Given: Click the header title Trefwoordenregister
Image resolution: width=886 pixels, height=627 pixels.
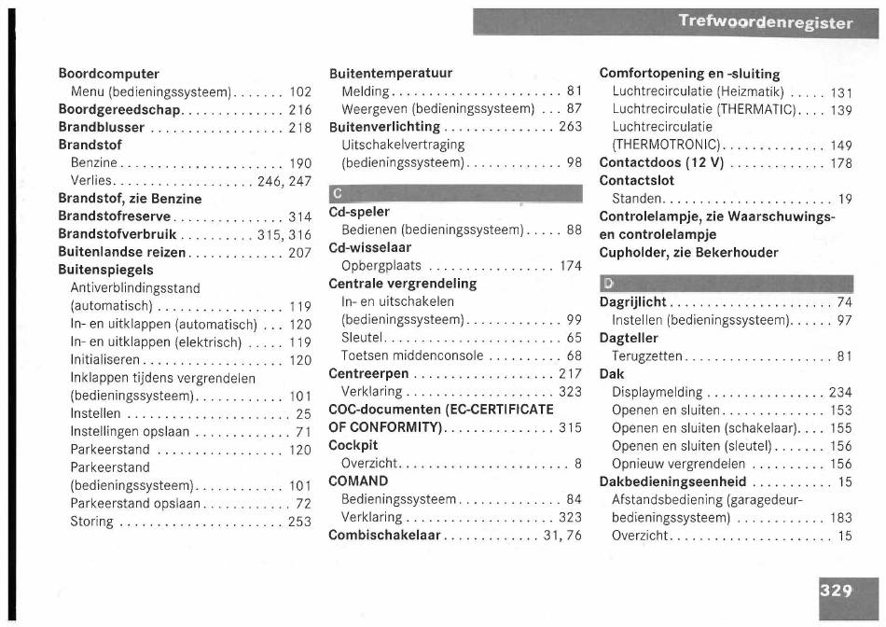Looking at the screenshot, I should tap(766, 22).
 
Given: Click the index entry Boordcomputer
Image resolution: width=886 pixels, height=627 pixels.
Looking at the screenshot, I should tap(109, 74).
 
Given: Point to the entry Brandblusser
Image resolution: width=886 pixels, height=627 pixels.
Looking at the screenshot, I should tap(102, 127).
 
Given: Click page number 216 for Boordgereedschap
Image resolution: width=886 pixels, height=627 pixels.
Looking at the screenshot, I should tap(299, 109).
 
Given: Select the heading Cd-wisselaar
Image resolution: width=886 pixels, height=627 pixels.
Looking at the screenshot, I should tap(370, 247).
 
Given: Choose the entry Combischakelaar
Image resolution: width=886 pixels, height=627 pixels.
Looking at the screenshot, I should tap(385, 535).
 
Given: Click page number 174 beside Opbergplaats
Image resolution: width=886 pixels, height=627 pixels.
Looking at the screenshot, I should tap(570, 266).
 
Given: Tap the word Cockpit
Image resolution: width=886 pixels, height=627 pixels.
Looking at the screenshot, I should tap(353, 445).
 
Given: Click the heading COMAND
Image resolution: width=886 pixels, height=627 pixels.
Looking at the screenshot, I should tap(358, 481).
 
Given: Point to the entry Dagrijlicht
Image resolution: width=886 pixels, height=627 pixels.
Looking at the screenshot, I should tap(632, 301).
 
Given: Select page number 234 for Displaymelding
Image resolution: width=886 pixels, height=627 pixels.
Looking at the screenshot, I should tap(840, 392).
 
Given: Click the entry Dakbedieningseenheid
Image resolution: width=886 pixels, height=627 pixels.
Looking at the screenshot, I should tap(672, 481).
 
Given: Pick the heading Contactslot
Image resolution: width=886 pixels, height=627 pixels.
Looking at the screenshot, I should tap(636, 180).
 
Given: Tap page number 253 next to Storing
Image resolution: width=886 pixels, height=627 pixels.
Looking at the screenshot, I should tap(299, 522).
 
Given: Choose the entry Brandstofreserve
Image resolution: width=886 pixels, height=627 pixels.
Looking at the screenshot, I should tap(115, 216).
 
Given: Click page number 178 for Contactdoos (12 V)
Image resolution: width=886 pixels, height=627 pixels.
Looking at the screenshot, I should tap(841, 162).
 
